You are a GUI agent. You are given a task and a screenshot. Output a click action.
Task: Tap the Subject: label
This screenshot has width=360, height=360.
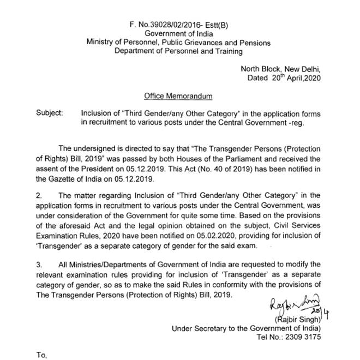[50, 113]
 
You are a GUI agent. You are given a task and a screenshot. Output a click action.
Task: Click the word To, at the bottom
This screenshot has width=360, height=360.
[42, 354]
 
